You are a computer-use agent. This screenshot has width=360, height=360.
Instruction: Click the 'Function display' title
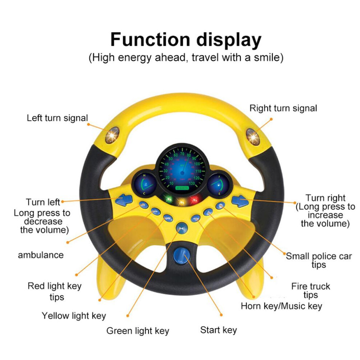tap(186, 40)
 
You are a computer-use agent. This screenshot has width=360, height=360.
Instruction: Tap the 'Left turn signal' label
tap(57, 118)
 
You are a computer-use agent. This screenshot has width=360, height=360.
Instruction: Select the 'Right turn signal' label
tap(283, 108)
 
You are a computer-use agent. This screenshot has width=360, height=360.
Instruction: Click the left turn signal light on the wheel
tap(112, 136)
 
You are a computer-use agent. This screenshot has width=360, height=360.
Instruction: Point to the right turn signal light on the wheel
tap(253, 137)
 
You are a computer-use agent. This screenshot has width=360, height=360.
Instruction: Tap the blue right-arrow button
tap(240, 201)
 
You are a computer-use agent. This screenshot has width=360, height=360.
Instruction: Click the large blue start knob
tap(181, 256)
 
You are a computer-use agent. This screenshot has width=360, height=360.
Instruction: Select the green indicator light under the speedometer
tap(168, 199)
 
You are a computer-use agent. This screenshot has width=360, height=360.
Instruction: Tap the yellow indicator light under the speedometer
tap(181, 202)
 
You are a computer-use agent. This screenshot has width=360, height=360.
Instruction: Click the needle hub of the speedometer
tap(183, 173)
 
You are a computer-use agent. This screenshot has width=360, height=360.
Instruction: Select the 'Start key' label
tap(218, 330)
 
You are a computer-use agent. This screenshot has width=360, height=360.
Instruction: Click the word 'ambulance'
tap(41, 255)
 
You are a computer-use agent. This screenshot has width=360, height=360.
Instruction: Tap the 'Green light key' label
tap(138, 331)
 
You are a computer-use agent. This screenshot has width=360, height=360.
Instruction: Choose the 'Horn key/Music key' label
tap(281, 306)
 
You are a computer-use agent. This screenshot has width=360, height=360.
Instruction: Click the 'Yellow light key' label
tap(74, 316)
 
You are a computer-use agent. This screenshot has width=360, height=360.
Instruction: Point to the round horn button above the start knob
tap(182, 228)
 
